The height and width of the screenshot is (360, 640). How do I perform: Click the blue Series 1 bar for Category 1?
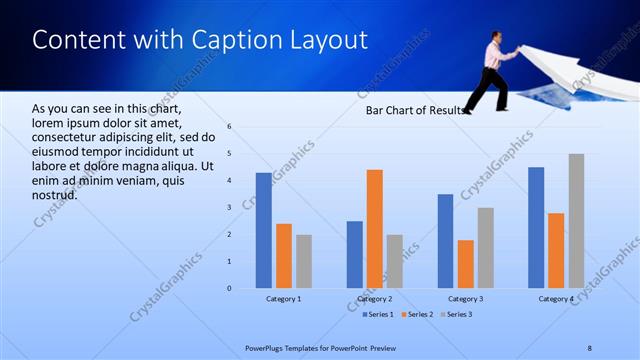tap(263, 231)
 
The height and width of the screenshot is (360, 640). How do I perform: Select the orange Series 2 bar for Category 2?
tap(375, 229)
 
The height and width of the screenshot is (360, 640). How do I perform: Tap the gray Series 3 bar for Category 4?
tap(576, 221)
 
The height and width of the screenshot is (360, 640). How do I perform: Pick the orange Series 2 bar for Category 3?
tap(465, 264)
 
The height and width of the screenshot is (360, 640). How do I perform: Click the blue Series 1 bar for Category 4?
tap(536, 228)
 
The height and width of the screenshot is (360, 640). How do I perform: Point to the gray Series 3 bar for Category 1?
tap(304, 262)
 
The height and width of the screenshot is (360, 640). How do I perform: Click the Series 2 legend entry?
tap(416, 315)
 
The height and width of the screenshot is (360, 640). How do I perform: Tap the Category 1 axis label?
tap(284, 299)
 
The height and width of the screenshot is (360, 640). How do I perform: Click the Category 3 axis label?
tap(465, 299)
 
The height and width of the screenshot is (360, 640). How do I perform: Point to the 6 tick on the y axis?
tap(230, 127)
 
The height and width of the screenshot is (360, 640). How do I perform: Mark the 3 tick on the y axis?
tap(230, 208)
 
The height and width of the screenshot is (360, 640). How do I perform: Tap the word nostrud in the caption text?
tap(55, 195)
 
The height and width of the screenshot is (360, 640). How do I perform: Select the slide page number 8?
tap(589, 348)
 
